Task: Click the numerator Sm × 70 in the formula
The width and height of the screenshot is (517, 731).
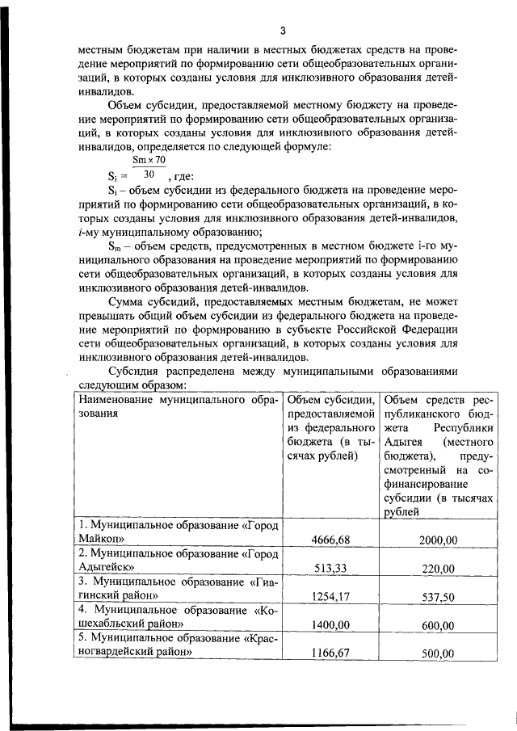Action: point(149,161)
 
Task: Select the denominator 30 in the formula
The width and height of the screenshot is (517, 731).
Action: point(148,174)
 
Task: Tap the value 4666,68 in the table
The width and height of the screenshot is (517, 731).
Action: point(330,540)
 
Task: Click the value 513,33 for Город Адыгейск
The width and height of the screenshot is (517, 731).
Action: point(330,569)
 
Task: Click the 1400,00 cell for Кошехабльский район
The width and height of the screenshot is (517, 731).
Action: point(330,625)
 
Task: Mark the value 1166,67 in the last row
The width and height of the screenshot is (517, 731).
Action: point(330,653)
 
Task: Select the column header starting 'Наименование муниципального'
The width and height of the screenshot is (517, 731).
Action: point(178,406)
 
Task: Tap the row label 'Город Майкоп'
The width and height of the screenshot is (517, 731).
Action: point(178,533)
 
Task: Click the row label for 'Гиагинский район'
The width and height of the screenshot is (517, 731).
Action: point(178,590)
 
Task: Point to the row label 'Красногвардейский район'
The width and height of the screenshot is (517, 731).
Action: point(178,646)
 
